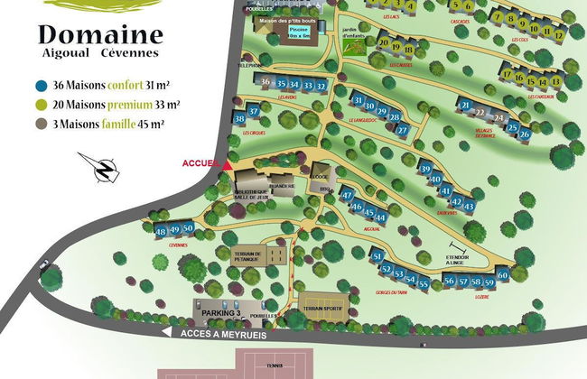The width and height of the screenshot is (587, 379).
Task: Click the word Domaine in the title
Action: click(x=100, y=36)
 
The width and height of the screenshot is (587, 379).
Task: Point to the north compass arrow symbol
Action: click(x=107, y=168)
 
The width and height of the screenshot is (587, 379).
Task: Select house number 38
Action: click(x=239, y=119)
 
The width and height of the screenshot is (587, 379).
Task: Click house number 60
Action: click(x=503, y=275)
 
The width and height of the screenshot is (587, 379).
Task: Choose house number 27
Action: click(x=403, y=130)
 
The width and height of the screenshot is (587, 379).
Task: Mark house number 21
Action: click(x=465, y=106)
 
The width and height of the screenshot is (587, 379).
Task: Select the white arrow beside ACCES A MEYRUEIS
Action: click(x=165, y=332)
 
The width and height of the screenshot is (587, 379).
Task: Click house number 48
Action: click(x=161, y=232)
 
